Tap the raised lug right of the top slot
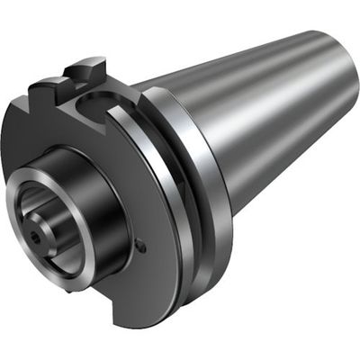point(90,70)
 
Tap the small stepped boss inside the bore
point(40,229)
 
